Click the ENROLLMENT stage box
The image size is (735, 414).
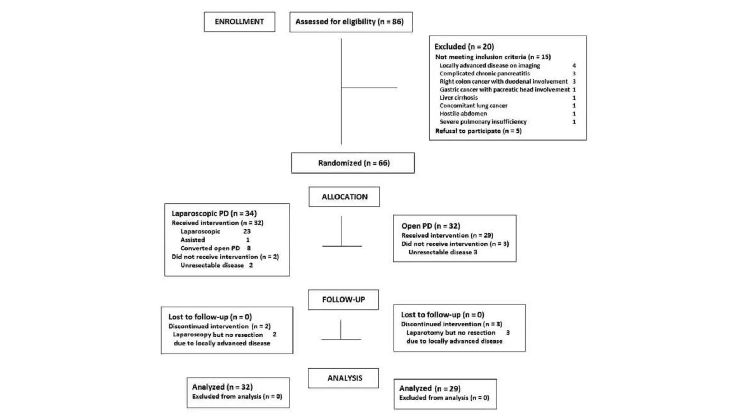pos(239,22)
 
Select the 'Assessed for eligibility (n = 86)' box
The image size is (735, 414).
pos(351,22)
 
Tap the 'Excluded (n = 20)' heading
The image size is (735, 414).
pos(464,46)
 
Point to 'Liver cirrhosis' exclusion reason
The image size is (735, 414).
pos(458,97)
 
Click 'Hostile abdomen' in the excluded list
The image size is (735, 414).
pos(463,114)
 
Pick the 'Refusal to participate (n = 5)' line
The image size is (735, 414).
pos(478,131)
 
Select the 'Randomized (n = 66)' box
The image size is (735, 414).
pos(353,163)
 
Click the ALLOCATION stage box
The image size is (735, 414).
pos(344,197)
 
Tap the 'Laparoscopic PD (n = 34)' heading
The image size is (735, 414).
pos(214,213)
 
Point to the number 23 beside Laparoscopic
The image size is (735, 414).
pos(247,231)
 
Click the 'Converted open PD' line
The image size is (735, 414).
pos(210,248)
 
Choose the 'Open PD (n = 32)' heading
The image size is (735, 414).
pos(431,226)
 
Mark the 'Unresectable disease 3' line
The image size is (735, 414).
pos(443,252)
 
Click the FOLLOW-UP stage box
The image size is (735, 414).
pos(343,299)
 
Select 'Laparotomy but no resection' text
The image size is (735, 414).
pos(450,333)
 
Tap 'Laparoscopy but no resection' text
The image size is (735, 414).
pos(218,335)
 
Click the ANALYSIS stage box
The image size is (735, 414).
pos(344,378)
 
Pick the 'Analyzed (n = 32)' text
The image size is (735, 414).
pos(222,387)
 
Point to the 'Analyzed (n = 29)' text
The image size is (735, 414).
pos(430,388)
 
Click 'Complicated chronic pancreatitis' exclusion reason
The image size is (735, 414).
pos(484,73)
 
